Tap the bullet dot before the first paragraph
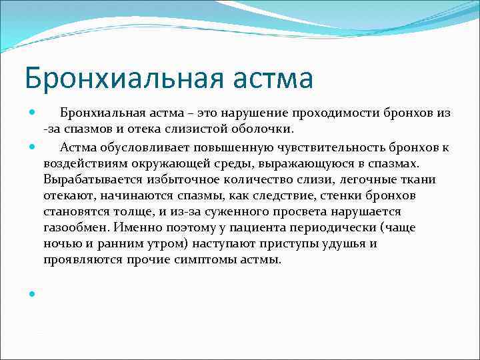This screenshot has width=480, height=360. tap(31, 113)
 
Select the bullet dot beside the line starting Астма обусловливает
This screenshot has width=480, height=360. tap(31, 146)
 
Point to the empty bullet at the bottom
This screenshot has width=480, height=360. tap(31, 293)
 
